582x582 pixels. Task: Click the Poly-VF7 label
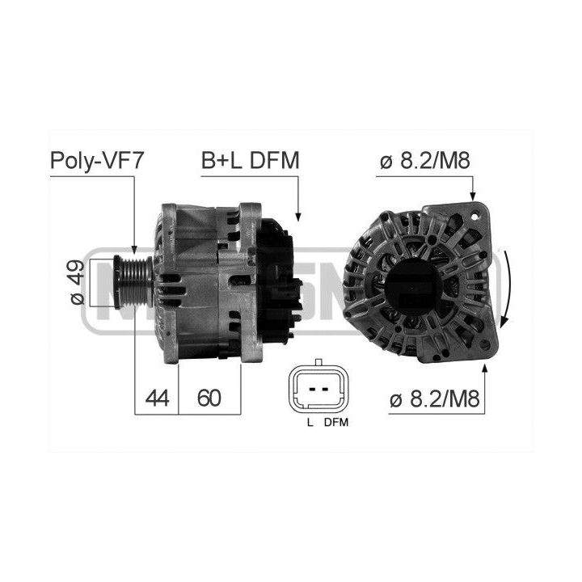tap(96, 161)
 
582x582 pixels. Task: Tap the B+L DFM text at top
tap(250, 160)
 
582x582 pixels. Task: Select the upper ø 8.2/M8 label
tap(425, 160)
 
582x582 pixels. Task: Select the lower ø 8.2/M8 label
tap(435, 399)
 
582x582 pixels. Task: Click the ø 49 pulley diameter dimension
tap(78, 282)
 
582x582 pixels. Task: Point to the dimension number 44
tap(157, 398)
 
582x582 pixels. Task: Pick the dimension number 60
tap(209, 398)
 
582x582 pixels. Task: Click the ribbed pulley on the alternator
tap(133, 282)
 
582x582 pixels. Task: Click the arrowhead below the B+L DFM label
tap(297, 217)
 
